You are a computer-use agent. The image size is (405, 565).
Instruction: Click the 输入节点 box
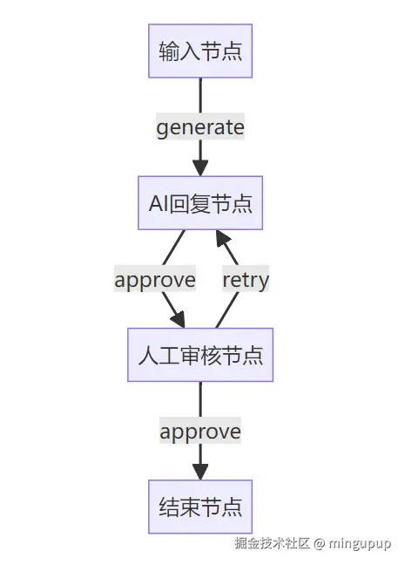click(200, 51)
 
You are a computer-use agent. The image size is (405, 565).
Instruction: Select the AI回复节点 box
click(200, 203)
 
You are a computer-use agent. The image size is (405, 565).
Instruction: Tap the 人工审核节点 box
click(200, 354)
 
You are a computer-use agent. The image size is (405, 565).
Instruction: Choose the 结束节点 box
click(200, 506)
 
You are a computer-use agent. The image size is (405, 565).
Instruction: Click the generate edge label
click(200, 127)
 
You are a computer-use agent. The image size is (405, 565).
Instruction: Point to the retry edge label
click(246, 280)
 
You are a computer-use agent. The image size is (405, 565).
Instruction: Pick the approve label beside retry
click(155, 280)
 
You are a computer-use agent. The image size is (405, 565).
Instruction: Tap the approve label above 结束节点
click(200, 431)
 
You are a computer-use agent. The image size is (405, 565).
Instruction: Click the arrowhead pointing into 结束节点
click(200, 472)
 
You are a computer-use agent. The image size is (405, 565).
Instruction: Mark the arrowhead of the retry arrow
click(222, 238)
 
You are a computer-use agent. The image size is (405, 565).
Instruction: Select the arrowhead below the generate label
click(200, 168)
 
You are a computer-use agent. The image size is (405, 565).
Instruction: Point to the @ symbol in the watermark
click(319, 543)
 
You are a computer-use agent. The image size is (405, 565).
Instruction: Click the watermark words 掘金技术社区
click(272, 543)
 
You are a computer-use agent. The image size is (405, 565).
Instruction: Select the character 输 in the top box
click(169, 51)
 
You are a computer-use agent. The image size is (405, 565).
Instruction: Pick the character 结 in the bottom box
click(169, 506)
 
